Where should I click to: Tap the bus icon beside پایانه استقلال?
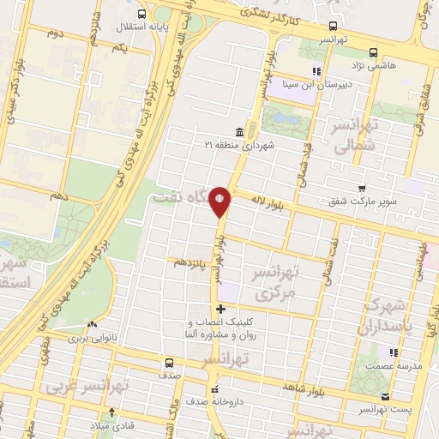[142, 13]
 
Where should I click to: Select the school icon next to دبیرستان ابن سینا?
[316, 71]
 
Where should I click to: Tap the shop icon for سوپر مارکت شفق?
[363, 189]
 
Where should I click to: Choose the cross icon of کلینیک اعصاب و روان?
[221, 309]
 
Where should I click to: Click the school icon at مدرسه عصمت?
[394, 352]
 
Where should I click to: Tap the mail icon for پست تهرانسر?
[386, 397]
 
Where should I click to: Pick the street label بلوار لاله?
[268, 201]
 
